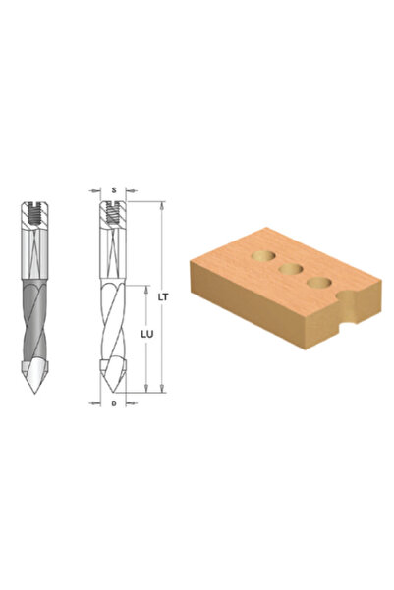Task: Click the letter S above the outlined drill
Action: point(113,190)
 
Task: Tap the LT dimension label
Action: point(163,296)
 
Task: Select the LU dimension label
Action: point(147,334)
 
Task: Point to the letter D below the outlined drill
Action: point(113,403)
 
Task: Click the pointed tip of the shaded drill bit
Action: point(34,393)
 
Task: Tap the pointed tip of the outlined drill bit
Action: point(113,392)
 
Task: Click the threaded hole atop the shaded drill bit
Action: point(34,215)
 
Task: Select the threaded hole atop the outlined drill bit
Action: point(113,213)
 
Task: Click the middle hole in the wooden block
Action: point(291,269)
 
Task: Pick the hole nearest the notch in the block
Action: point(318,282)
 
